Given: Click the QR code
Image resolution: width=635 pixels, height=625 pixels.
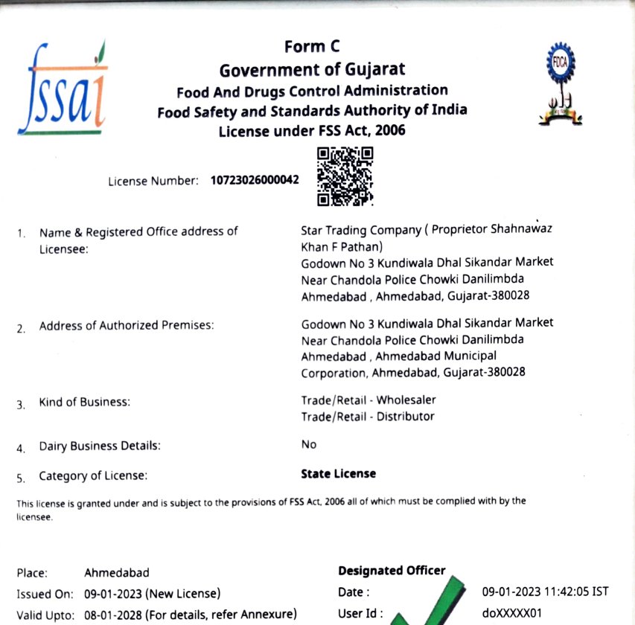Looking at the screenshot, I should pyautogui.click(x=345, y=176).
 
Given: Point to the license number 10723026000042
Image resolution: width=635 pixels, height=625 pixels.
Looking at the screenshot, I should pyautogui.click(x=255, y=180).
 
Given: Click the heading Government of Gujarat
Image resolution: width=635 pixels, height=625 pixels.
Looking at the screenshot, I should pyautogui.click(x=312, y=70).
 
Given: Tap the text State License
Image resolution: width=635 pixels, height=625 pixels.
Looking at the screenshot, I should pyautogui.click(x=338, y=474).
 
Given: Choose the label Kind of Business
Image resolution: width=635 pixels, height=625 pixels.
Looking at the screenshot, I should pyautogui.click(x=84, y=403).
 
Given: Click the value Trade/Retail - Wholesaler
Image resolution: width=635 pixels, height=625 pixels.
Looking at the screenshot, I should pyautogui.click(x=368, y=400).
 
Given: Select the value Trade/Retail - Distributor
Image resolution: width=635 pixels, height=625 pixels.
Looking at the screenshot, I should pyautogui.click(x=367, y=417).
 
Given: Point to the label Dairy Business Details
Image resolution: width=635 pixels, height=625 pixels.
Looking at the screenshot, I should pyautogui.click(x=100, y=446).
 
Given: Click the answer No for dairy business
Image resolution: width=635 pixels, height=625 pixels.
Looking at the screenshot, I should pyautogui.click(x=308, y=445).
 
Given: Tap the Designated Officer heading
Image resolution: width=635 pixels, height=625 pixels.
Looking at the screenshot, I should pyautogui.click(x=392, y=571).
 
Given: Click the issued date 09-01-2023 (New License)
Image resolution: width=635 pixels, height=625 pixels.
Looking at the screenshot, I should pyautogui.click(x=152, y=594).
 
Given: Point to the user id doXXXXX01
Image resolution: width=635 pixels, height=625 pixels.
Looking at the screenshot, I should pyautogui.click(x=512, y=614).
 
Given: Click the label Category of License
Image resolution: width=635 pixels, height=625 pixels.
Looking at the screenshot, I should pyautogui.click(x=93, y=476).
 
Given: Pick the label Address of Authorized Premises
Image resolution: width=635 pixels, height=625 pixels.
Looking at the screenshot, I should pyautogui.click(x=126, y=326).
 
